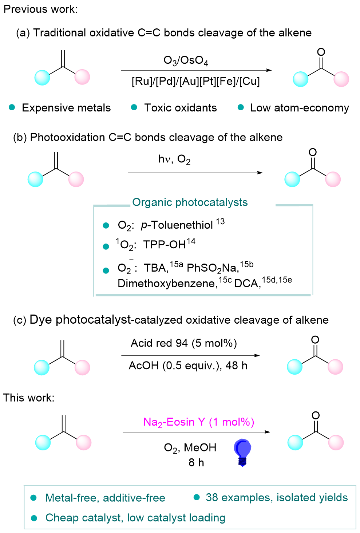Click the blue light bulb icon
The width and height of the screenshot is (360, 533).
click(x=242, y=452)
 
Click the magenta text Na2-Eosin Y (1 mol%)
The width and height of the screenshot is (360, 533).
click(x=199, y=422)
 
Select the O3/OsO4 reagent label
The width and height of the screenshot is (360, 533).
click(x=186, y=60)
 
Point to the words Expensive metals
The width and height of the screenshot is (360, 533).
click(x=66, y=108)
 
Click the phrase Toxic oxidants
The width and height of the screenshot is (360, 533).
click(x=180, y=108)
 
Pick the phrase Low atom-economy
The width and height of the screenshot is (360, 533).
click(x=299, y=108)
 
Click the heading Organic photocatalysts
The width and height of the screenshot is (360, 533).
click(x=190, y=202)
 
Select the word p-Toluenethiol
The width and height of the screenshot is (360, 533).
click(x=177, y=225)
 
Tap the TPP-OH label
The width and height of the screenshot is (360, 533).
click(x=165, y=245)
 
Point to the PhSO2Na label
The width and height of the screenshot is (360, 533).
click(x=213, y=268)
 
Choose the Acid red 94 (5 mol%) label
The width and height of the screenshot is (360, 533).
click(x=184, y=343)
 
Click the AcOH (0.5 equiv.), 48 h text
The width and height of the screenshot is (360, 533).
click(x=188, y=366)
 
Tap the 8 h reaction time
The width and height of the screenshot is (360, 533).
click(x=196, y=462)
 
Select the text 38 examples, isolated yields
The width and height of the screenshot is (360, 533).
click(x=277, y=497)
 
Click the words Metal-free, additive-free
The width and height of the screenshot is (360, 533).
click(x=105, y=498)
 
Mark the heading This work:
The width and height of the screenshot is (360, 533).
click(x=29, y=398)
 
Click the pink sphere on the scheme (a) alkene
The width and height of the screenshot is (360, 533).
click(x=82, y=77)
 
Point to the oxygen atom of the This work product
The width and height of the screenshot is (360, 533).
click(x=316, y=415)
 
